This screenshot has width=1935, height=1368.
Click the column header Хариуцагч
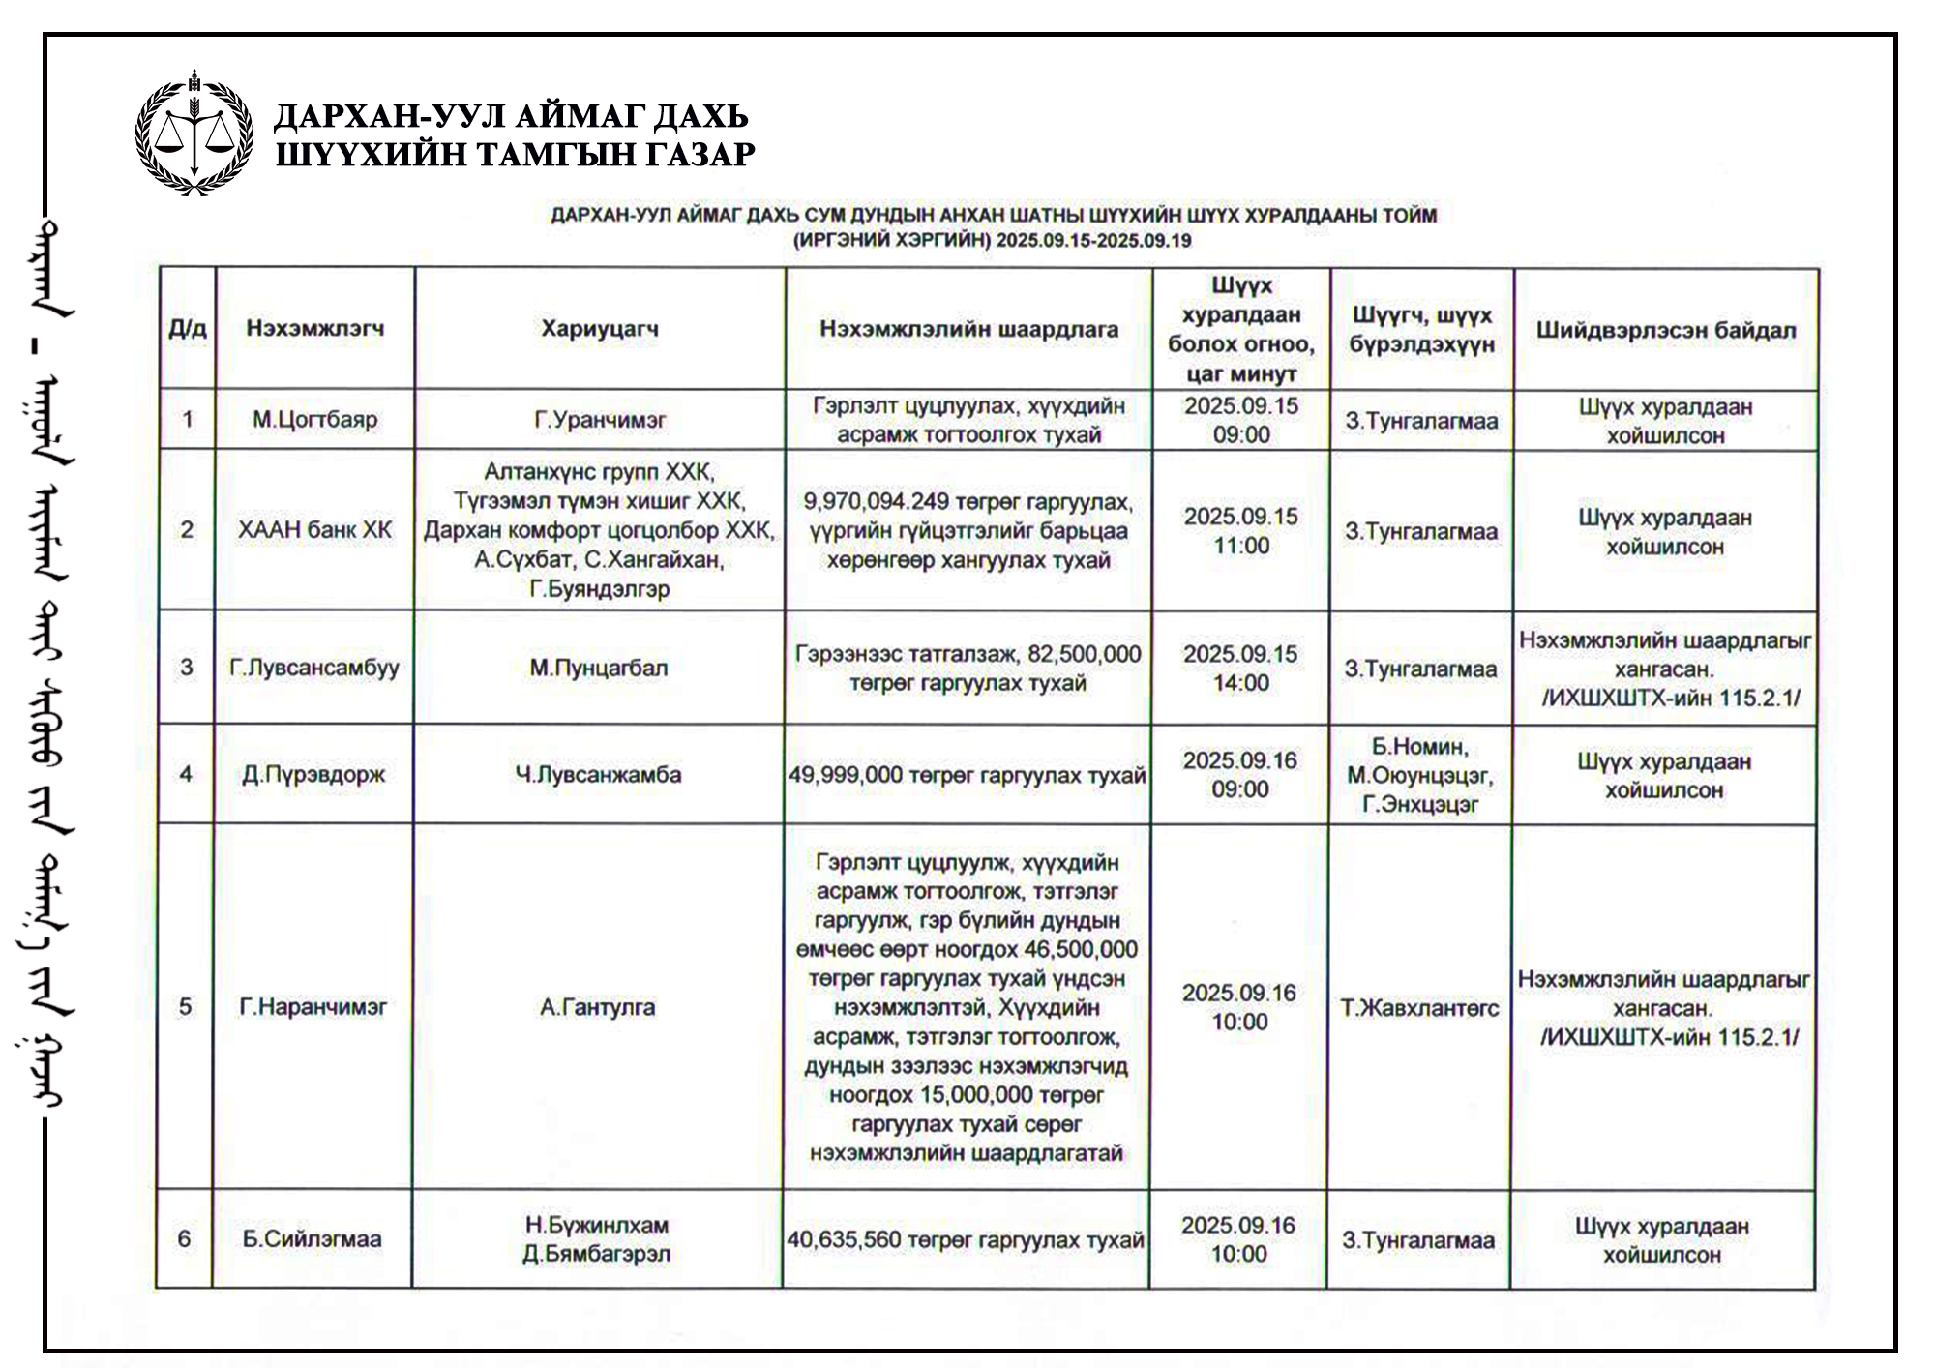click(600, 329)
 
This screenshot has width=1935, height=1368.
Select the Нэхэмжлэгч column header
click(314, 329)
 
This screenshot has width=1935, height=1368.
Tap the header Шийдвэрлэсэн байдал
click(1666, 331)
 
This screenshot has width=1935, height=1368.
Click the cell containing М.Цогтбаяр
click(314, 420)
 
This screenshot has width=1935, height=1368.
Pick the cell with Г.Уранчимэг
click(600, 420)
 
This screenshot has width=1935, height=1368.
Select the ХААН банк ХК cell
click(314, 530)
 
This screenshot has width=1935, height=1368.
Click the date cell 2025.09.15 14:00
click(1240, 669)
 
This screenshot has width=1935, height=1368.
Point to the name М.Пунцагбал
click(599, 668)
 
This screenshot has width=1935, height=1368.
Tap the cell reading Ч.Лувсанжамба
click(598, 774)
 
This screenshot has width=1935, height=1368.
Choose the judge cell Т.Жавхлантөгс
click(1419, 1008)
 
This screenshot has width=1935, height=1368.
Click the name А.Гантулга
click(597, 1007)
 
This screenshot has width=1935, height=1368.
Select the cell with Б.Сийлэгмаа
click(312, 1239)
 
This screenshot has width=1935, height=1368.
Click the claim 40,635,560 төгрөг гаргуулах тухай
click(966, 1239)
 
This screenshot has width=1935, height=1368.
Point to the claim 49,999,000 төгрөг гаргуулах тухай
click(967, 775)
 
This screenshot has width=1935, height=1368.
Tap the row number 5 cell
click(185, 1007)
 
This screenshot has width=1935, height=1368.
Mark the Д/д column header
click(188, 329)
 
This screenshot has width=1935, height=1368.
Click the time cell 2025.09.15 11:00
click(1241, 531)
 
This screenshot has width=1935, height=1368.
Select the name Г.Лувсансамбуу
click(313, 668)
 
